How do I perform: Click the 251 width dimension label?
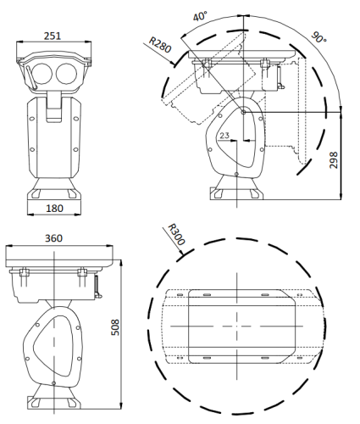53,36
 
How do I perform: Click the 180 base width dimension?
54,209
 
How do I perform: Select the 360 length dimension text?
53,238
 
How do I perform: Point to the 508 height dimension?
115,327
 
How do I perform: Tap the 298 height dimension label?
334,160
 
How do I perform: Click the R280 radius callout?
160,45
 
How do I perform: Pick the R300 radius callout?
176,234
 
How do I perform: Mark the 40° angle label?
200,16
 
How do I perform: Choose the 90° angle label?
318,37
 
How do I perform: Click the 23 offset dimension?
224,136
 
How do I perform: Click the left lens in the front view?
42,74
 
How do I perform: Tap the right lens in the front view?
66,74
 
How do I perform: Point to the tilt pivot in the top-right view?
243,112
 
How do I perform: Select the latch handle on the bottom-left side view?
97,287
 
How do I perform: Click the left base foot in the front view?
36,193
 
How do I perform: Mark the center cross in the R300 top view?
236,326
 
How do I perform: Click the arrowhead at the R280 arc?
172,63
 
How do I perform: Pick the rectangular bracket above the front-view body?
53,107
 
